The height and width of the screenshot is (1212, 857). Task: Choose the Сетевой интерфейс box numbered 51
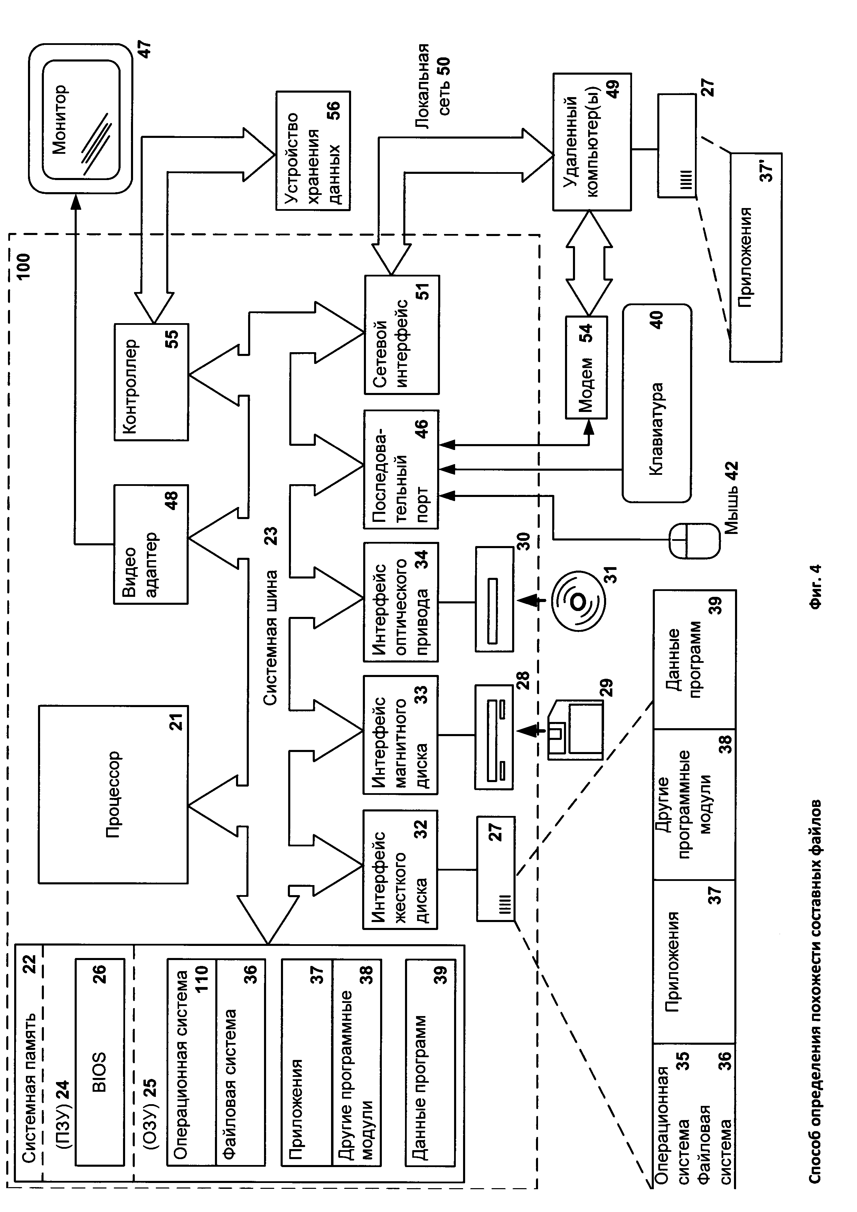tap(402, 335)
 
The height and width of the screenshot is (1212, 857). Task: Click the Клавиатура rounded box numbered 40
tap(657, 403)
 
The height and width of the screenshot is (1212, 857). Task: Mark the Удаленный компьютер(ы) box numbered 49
tap(592, 142)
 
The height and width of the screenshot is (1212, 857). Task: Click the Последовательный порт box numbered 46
tap(401, 470)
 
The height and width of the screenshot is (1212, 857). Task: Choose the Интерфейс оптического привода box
tap(401, 601)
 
